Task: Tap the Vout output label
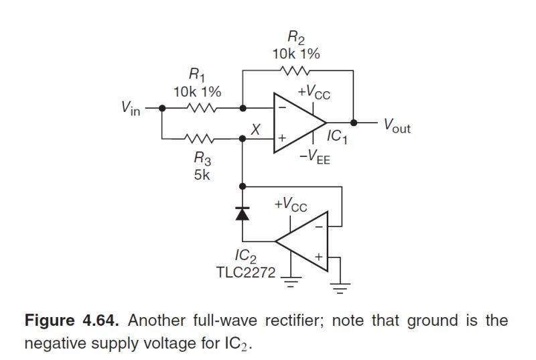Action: coord(396,125)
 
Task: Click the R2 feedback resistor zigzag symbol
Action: coord(296,70)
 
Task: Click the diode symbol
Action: coord(242,214)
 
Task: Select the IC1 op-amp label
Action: coord(337,137)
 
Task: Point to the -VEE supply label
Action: coord(315,159)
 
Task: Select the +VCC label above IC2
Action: coord(290,204)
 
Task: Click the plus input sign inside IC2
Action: coord(318,257)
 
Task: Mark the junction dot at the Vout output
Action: coord(356,123)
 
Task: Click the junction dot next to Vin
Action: coord(161,107)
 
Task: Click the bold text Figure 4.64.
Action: coord(72,320)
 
